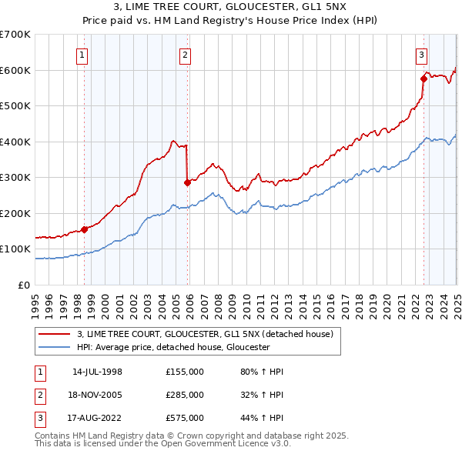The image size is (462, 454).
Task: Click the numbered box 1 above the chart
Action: pyautogui.click(x=82, y=55)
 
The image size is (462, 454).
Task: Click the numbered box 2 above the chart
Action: pyautogui.click(x=186, y=55)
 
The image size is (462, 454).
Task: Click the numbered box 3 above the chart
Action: pyautogui.click(x=422, y=55)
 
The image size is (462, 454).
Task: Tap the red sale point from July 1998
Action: pyautogui.click(x=85, y=229)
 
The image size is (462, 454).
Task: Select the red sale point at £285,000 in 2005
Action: pyautogui.click(x=187, y=182)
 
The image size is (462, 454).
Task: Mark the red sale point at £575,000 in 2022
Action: pyautogui.click(x=424, y=78)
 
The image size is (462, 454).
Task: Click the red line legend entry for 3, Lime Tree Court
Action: pyautogui.click(x=204, y=334)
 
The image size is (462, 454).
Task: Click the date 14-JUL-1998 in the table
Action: pyautogui.click(x=97, y=372)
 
